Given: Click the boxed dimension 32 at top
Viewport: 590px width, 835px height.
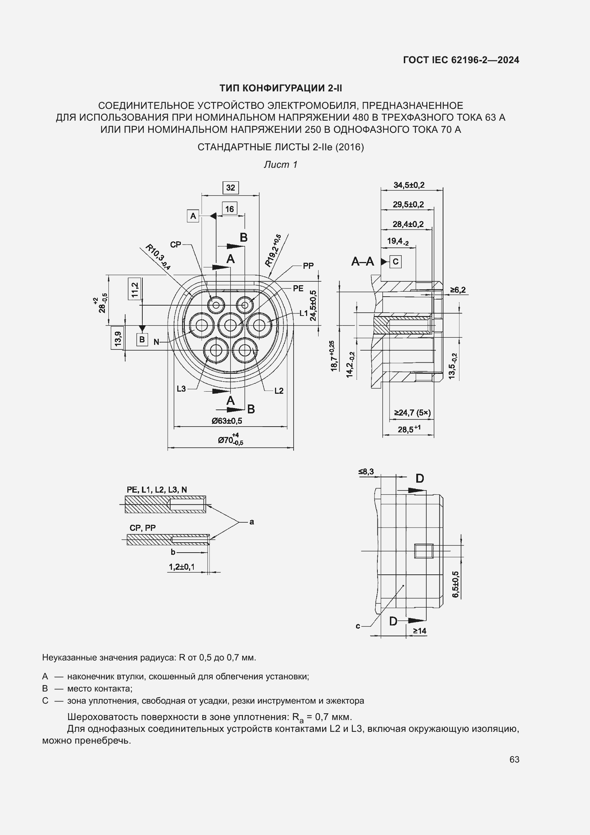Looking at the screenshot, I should [230, 188].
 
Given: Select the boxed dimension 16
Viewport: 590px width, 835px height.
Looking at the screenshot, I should [230, 209].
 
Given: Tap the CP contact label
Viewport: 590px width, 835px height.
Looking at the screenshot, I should [176, 245].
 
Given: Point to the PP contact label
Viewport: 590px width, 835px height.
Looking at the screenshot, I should [308, 266].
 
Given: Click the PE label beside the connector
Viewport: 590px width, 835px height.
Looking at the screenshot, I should [298, 288].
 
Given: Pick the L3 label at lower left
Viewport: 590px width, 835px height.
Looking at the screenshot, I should [181, 389].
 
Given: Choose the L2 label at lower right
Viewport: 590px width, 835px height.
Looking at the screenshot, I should [279, 391].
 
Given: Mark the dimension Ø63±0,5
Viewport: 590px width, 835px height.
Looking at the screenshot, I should [227, 421].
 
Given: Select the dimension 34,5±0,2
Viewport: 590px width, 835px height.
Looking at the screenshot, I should [409, 185].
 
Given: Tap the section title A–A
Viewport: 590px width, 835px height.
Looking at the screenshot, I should [362, 261].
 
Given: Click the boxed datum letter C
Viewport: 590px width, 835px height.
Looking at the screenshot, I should [396, 261].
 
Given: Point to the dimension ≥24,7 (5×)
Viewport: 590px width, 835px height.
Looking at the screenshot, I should [412, 413].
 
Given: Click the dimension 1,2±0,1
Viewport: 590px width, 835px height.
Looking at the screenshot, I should [182, 567].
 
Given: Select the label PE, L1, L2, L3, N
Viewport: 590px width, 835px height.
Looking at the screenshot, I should [157, 489].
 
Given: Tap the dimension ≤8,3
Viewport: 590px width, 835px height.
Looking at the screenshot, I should [366, 472].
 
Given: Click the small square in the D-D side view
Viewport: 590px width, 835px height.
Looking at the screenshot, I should [424, 551].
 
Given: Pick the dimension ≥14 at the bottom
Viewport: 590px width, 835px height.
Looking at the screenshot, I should [419, 631].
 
